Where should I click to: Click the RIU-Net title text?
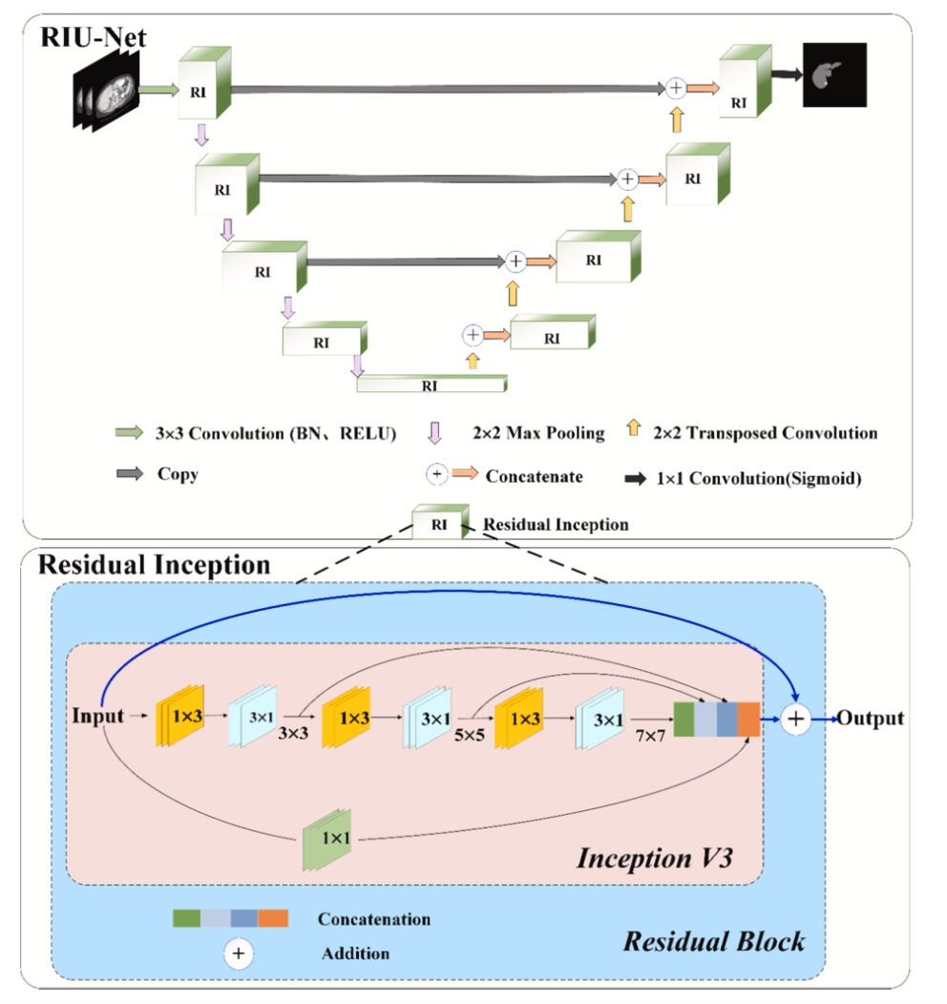(93, 37)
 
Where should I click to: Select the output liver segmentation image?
(834, 74)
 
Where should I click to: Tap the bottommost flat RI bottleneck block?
(431, 385)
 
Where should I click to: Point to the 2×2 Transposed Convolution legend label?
(765, 433)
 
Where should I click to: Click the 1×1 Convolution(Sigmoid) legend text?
(759, 479)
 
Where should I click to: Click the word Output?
(870, 718)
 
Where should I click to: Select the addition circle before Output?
(796, 719)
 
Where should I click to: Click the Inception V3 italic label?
(655, 857)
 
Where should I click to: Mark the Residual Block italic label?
(714, 942)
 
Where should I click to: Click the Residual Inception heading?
(154, 565)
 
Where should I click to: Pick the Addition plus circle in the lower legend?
(239, 952)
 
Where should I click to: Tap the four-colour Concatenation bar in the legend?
(230, 918)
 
